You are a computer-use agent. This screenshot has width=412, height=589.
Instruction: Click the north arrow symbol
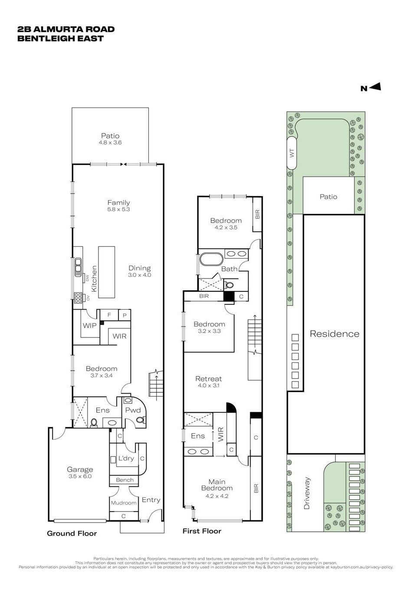coord(375,87)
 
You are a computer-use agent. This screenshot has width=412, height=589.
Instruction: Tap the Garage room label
coord(80,469)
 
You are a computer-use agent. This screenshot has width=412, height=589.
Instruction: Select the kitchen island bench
coord(107,272)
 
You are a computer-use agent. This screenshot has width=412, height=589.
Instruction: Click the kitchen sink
coord(78,267)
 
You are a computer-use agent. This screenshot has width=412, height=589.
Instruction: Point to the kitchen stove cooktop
coord(78,298)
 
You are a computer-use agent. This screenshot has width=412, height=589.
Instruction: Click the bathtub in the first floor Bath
coord(211,259)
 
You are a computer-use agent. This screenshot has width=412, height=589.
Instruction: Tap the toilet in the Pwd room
coord(141,420)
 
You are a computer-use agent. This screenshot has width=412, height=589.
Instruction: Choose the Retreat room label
coord(209,379)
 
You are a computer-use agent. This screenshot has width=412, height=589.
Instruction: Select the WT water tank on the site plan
coord(292,153)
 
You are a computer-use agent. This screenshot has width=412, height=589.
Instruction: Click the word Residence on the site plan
coord(334,334)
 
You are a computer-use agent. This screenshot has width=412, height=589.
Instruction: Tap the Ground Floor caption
coord(72,534)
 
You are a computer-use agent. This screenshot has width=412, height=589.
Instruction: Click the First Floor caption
coord(202,531)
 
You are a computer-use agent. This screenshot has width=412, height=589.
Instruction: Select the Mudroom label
coord(124,503)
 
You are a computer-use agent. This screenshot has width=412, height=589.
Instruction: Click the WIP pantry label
coord(89,326)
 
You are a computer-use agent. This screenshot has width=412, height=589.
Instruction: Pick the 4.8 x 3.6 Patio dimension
coord(110,142)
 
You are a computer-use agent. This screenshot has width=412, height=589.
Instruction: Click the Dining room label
coord(140,269)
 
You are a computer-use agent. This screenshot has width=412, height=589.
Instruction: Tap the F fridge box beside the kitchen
coord(109,315)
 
